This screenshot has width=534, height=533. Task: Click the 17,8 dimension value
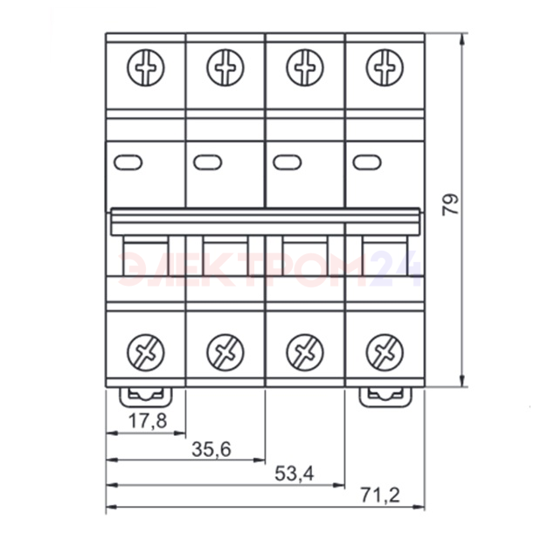pyautogui.click(x=148, y=420)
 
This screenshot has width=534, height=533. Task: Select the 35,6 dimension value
pyautogui.click(x=212, y=449)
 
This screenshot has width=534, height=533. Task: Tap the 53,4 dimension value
pyautogui.click(x=295, y=474)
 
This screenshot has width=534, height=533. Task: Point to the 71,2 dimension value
pyautogui.click(x=380, y=495)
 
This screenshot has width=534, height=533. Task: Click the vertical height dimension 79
pyautogui.click(x=450, y=204)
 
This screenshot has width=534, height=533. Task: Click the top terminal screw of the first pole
pyautogui.click(x=146, y=67)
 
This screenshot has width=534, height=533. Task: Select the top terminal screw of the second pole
pyautogui.click(x=225, y=67)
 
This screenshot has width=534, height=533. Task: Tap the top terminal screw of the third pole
pyautogui.click(x=305, y=67)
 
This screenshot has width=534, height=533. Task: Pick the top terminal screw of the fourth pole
pyautogui.click(x=385, y=67)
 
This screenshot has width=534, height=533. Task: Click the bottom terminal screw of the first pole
pyautogui.click(x=146, y=352)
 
